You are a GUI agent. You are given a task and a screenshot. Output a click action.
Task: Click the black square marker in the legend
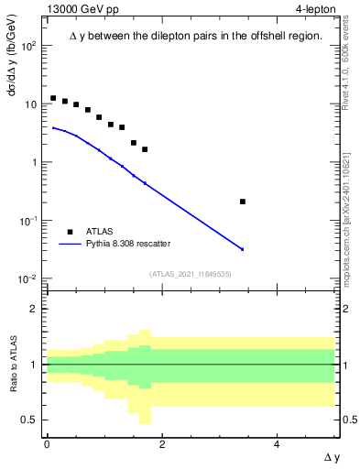pyautogui.click(x=71, y=233)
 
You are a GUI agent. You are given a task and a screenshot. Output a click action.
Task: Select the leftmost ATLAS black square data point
pyautogui.click(x=53, y=98)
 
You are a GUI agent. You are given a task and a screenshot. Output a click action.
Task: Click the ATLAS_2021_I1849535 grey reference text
pyautogui.click(x=191, y=273)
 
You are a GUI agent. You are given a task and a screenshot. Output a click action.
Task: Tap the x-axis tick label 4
pyautogui.click(x=278, y=443)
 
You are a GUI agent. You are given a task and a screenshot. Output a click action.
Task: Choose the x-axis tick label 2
pyautogui.click(x=162, y=443)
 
